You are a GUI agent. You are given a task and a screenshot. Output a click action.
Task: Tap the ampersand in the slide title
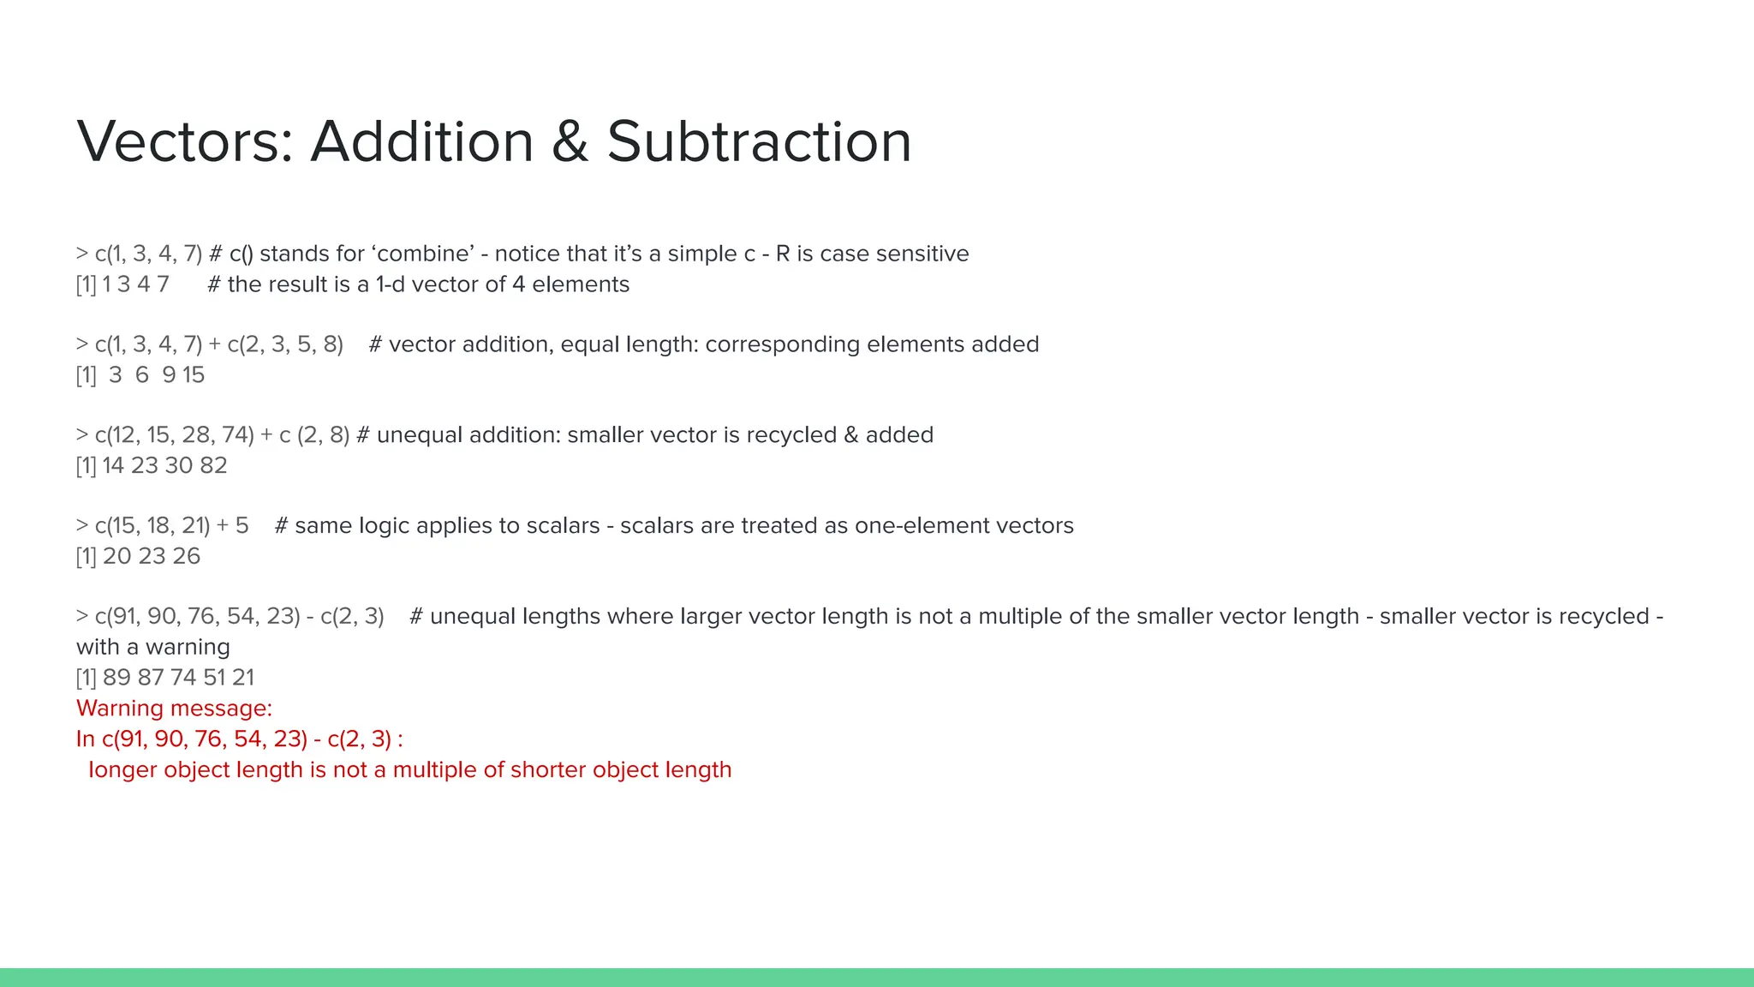(570, 141)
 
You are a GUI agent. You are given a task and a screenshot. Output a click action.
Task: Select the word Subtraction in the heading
(759, 141)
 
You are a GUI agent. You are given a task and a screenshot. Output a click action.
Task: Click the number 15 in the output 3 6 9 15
(194, 375)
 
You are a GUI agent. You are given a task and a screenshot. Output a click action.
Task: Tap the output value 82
(213, 466)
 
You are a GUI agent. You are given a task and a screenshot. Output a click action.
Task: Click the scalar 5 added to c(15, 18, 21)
(242, 526)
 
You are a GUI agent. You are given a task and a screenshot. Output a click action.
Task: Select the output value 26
(187, 557)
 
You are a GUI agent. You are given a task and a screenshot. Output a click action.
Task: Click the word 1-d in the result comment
(391, 284)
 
